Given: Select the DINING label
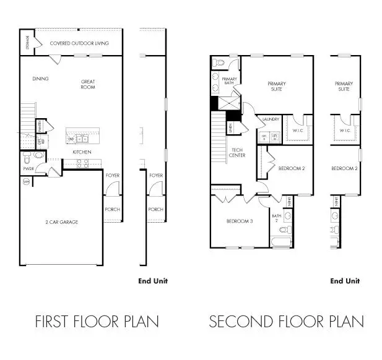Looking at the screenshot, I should (x=40, y=79).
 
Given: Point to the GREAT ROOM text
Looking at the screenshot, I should (x=87, y=84).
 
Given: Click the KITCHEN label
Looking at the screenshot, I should (x=82, y=152).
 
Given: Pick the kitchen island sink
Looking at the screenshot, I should (x=82, y=139).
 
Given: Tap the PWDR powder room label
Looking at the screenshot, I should (x=28, y=168).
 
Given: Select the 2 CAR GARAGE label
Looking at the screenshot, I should (x=61, y=221).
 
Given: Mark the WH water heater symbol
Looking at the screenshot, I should (x=27, y=182).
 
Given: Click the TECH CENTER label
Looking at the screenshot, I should (x=238, y=152).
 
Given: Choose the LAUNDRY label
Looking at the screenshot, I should (x=271, y=119).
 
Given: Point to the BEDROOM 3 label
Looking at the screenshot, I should (x=238, y=221).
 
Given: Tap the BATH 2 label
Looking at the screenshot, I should (x=276, y=218).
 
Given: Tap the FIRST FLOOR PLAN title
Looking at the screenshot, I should (x=97, y=322).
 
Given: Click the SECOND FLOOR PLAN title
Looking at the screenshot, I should (x=286, y=322).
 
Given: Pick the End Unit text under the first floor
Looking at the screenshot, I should (x=152, y=281).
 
